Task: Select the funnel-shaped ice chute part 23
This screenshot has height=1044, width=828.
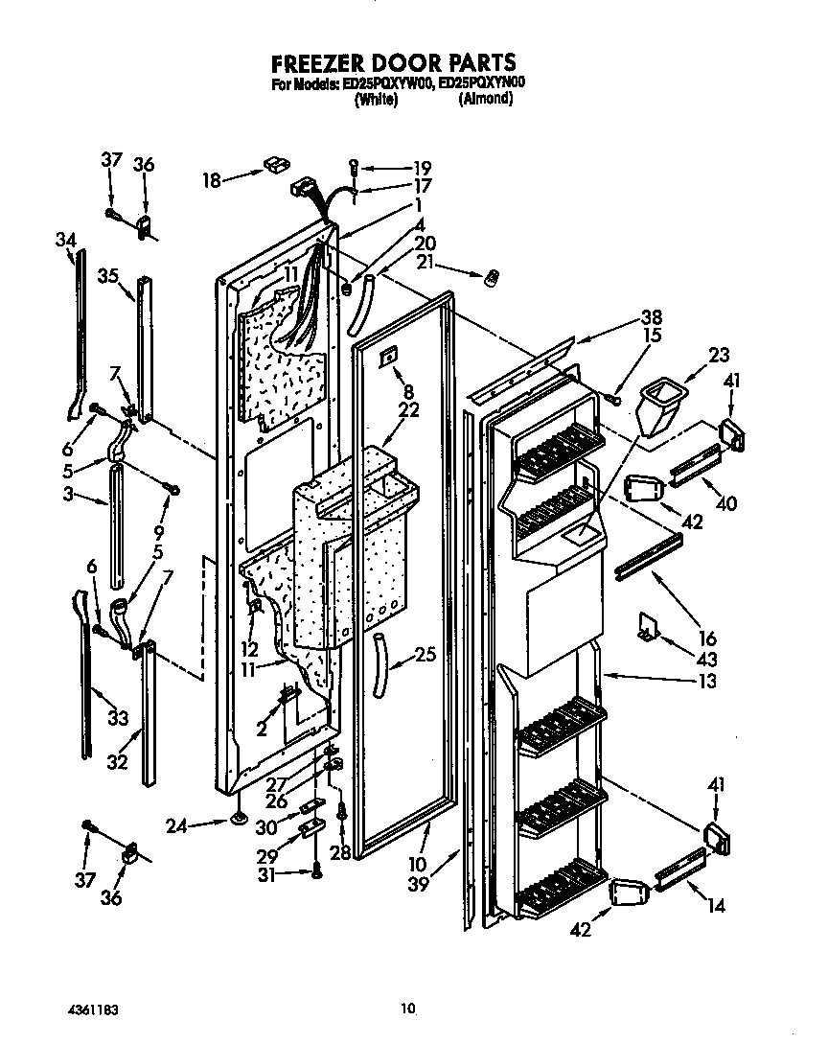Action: tap(657, 404)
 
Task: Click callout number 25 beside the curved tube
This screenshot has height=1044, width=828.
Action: tap(425, 657)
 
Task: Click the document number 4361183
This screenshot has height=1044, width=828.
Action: tap(93, 1009)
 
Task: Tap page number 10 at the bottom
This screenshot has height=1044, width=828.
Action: tap(409, 1008)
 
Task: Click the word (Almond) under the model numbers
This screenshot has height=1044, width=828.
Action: tap(485, 99)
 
